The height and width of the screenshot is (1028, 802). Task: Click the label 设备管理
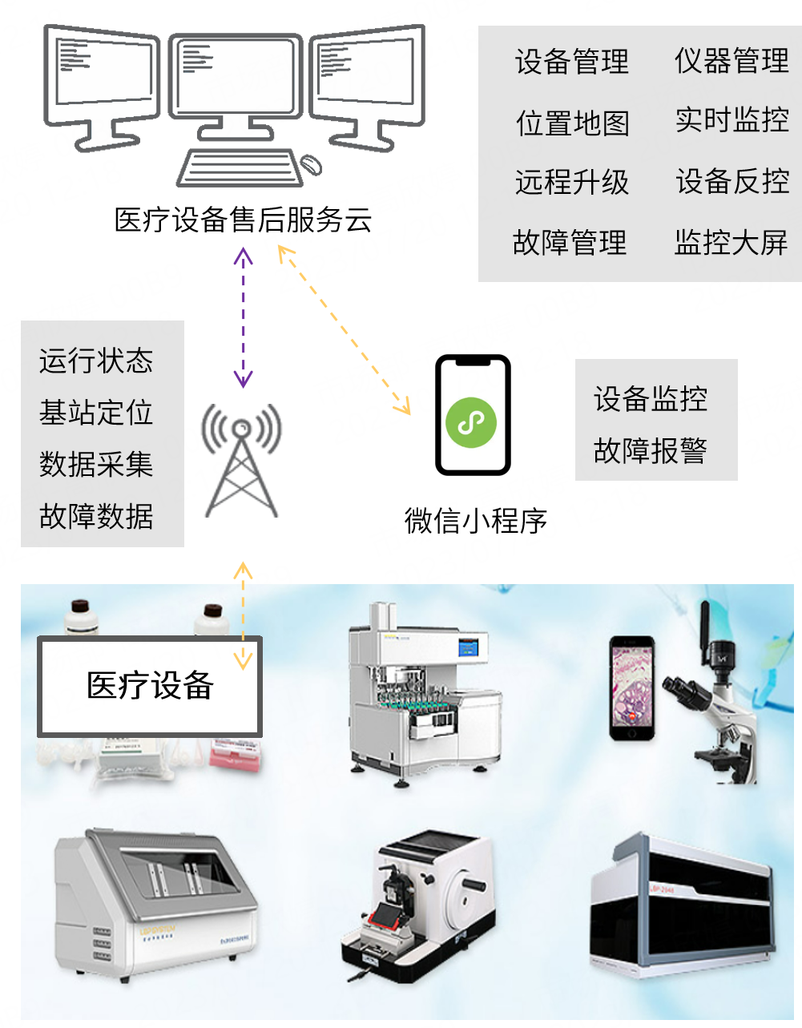572,62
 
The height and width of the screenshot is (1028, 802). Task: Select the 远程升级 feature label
572,182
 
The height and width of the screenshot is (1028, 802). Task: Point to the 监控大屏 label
731,243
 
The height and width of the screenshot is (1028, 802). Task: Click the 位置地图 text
572,123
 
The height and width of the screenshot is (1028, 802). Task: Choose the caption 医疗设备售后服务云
243,220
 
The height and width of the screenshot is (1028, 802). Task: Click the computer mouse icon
312,164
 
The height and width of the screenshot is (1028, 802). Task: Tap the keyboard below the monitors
240,168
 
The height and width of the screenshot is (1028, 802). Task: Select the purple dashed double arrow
243,317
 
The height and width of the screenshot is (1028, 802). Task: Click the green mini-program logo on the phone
471,422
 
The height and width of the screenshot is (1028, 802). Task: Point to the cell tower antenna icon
241,460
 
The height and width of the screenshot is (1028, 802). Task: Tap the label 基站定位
96,412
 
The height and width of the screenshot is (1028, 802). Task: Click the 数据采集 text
96,464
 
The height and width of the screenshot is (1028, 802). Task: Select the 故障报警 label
651,450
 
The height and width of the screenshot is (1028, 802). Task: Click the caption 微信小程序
475,521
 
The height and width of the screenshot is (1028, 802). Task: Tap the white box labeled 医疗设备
150,687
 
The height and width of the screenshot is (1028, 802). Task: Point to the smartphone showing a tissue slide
632,688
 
